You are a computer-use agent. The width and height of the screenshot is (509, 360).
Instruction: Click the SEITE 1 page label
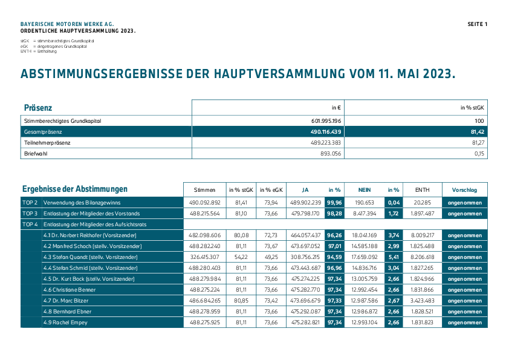pos(477,24)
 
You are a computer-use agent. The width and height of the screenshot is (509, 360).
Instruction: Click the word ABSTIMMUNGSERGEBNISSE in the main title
pos(102,74)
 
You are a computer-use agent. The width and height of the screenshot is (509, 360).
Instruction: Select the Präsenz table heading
pos(38,108)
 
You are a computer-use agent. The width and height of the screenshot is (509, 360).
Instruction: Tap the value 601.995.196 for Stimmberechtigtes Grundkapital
pos(326,121)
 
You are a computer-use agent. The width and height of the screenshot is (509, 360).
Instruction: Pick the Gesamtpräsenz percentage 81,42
pos(477,132)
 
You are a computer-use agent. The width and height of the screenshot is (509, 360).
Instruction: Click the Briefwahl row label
pos(36,154)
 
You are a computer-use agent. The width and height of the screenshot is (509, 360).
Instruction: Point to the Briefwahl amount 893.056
pos(331,154)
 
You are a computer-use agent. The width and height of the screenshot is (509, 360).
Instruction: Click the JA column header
pos(305,190)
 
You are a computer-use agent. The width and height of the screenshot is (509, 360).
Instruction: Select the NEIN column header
pos(365,190)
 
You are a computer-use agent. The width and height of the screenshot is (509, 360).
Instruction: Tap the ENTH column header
pos(422,190)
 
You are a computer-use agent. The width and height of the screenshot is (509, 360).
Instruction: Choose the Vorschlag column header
pos(464,190)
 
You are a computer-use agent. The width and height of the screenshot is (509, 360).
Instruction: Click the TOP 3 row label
pos(30,214)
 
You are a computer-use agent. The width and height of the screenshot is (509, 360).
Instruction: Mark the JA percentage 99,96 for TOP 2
pos(334,203)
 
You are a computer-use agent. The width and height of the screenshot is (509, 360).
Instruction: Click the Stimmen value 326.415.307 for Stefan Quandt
pos(205,257)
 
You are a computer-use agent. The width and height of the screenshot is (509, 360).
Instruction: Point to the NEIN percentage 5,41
pos(394,257)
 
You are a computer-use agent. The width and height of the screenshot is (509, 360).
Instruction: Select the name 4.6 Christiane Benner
pos(70,290)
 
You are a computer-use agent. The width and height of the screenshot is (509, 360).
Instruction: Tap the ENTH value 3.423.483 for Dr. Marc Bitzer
pos(422,301)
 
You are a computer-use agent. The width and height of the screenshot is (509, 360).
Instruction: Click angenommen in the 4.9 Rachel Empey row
pos(464,322)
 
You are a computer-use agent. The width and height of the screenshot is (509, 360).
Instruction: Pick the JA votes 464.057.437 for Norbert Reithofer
pos(305,235)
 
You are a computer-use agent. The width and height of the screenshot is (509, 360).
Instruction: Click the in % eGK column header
pos(271,190)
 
